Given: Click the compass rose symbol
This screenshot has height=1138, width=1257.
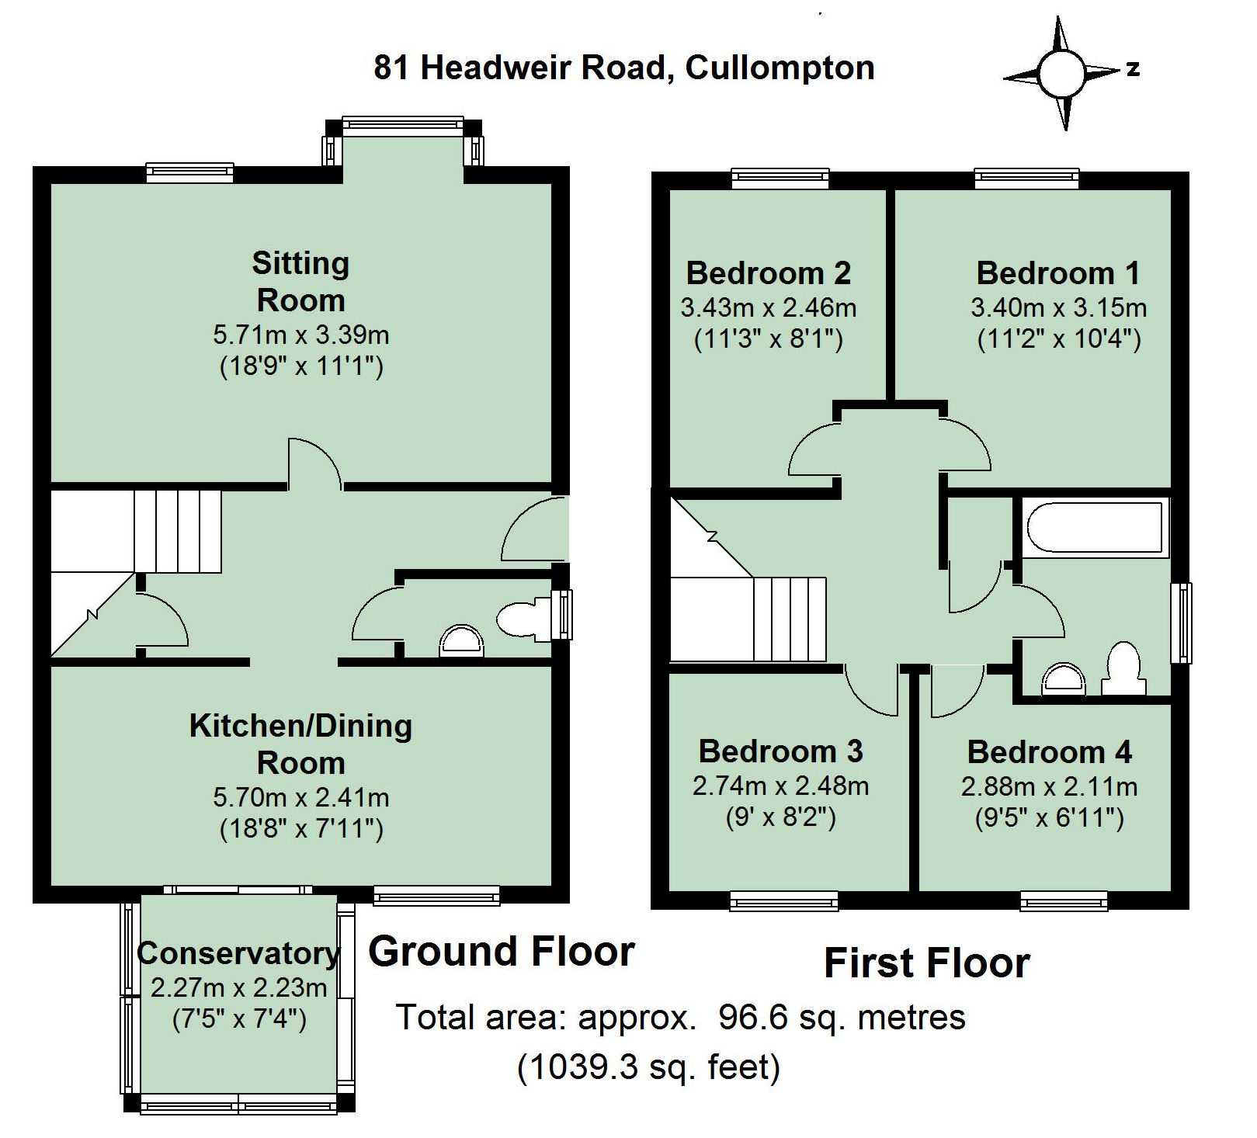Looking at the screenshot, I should pos(1060,74).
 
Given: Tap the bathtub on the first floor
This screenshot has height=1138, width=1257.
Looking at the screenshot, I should pos(1095,528).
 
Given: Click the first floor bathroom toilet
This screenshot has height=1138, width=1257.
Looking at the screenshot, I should pos(1125,668).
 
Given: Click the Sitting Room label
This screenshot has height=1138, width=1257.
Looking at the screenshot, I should pos(300,281).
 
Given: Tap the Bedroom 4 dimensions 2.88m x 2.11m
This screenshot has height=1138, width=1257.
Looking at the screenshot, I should pos(1049,786).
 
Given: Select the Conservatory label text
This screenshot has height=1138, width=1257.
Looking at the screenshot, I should pos(238,953).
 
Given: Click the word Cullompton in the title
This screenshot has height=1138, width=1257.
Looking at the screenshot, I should pos(780,68).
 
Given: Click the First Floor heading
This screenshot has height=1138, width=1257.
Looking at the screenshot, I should pos(926,963).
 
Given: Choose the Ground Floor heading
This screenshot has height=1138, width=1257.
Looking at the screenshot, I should pos(502,952).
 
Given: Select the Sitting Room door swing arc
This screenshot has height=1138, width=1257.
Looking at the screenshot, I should pos(315,463).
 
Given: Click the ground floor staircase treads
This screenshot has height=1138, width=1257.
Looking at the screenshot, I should pos(178,531).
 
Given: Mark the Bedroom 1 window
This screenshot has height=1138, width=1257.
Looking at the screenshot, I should pos(1026,179).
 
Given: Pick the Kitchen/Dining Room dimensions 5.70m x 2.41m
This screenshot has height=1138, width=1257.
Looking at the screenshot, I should pos(300,797).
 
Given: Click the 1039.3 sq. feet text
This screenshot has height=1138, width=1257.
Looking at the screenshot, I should pos(648,1067).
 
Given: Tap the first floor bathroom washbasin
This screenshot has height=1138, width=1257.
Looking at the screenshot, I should pos(1061,679).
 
